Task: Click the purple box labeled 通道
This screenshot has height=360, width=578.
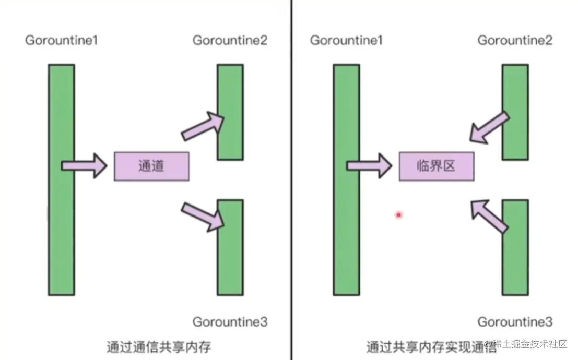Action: [x=151, y=166]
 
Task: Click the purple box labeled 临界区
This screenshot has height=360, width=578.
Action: [x=437, y=166]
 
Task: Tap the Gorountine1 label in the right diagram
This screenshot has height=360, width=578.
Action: [x=346, y=41]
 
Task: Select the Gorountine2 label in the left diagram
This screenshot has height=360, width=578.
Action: [x=230, y=41]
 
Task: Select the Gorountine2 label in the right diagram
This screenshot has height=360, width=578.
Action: [x=515, y=41]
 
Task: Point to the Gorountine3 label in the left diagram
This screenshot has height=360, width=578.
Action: [x=230, y=322]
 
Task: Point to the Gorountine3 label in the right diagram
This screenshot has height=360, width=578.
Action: [x=515, y=322]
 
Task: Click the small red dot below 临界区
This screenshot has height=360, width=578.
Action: [x=398, y=214]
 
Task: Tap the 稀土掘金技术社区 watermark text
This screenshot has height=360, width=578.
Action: [x=529, y=344]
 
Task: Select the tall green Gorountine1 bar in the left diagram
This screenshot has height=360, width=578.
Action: [x=62, y=180]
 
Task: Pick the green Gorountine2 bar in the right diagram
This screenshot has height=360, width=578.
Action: [x=515, y=112]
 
